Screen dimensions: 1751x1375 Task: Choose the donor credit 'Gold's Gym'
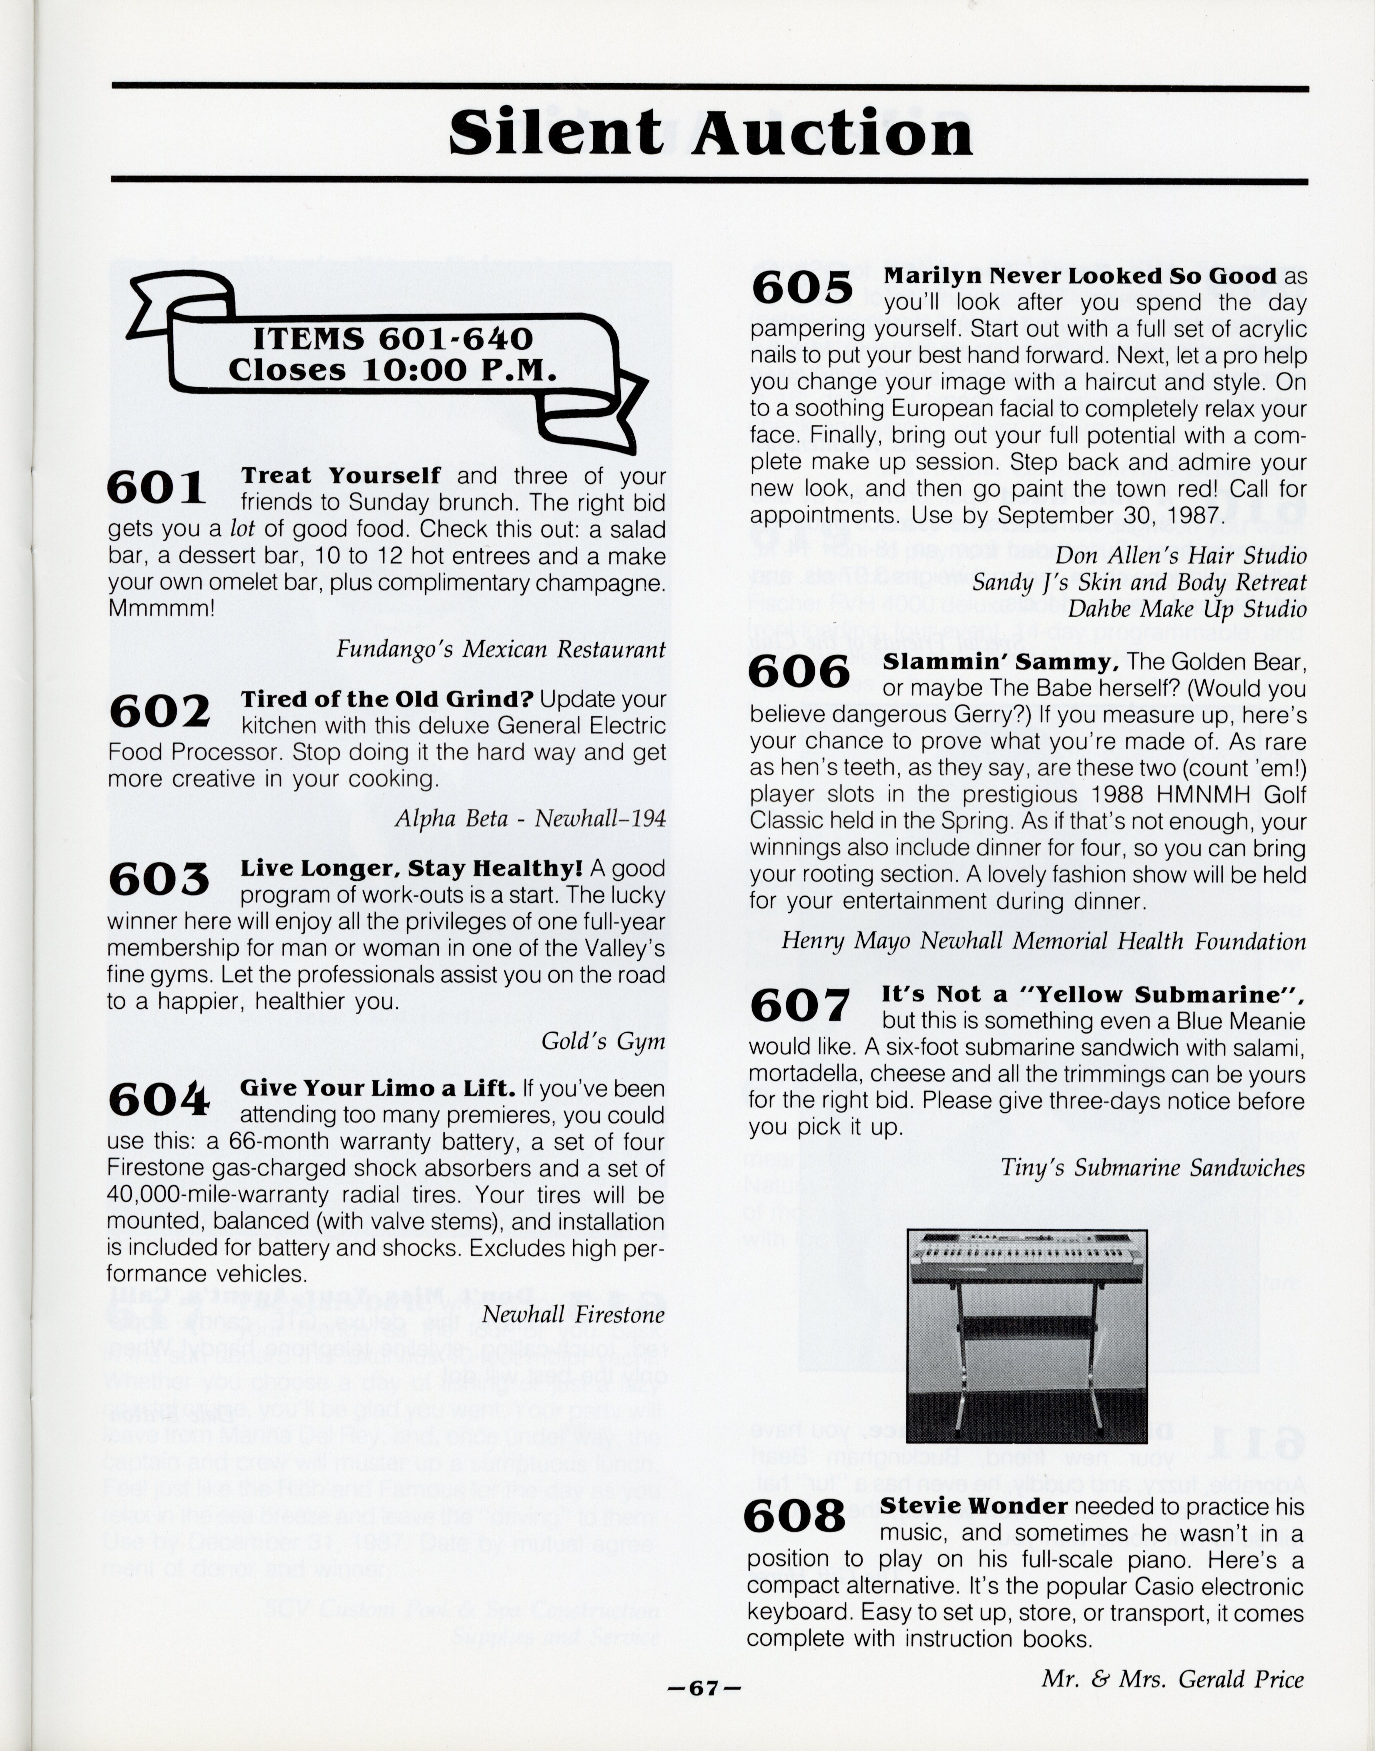(x=603, y=1041)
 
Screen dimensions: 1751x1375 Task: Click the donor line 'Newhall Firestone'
(x=573, y=1315)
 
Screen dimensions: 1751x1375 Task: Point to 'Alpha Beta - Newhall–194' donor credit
(x=530, y=818)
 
